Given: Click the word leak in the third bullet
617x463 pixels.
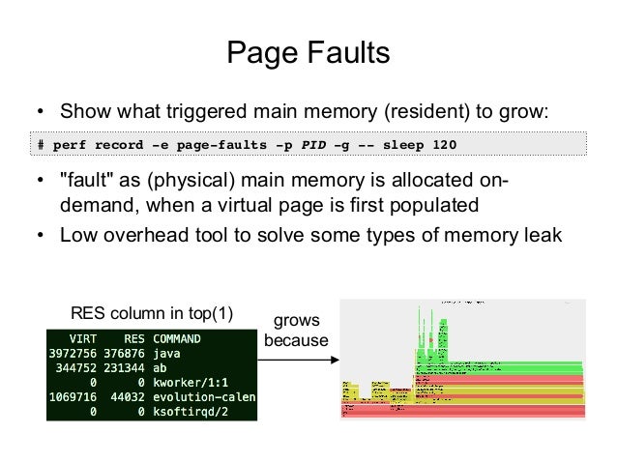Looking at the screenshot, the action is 540,234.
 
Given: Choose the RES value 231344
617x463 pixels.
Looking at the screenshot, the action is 121,368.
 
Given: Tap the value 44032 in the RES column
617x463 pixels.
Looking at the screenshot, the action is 125,397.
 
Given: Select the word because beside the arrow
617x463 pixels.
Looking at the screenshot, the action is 296,340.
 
